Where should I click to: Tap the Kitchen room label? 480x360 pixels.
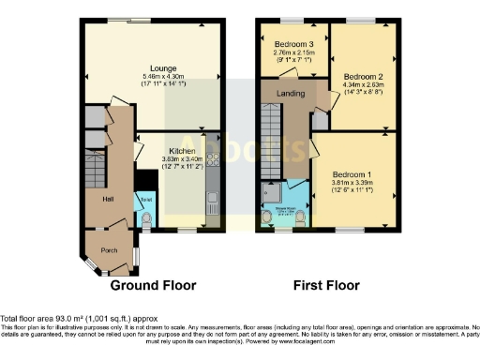point(182,150)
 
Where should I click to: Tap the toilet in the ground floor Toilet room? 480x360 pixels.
point(145,219)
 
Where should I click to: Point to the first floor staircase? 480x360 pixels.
point(270,141)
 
